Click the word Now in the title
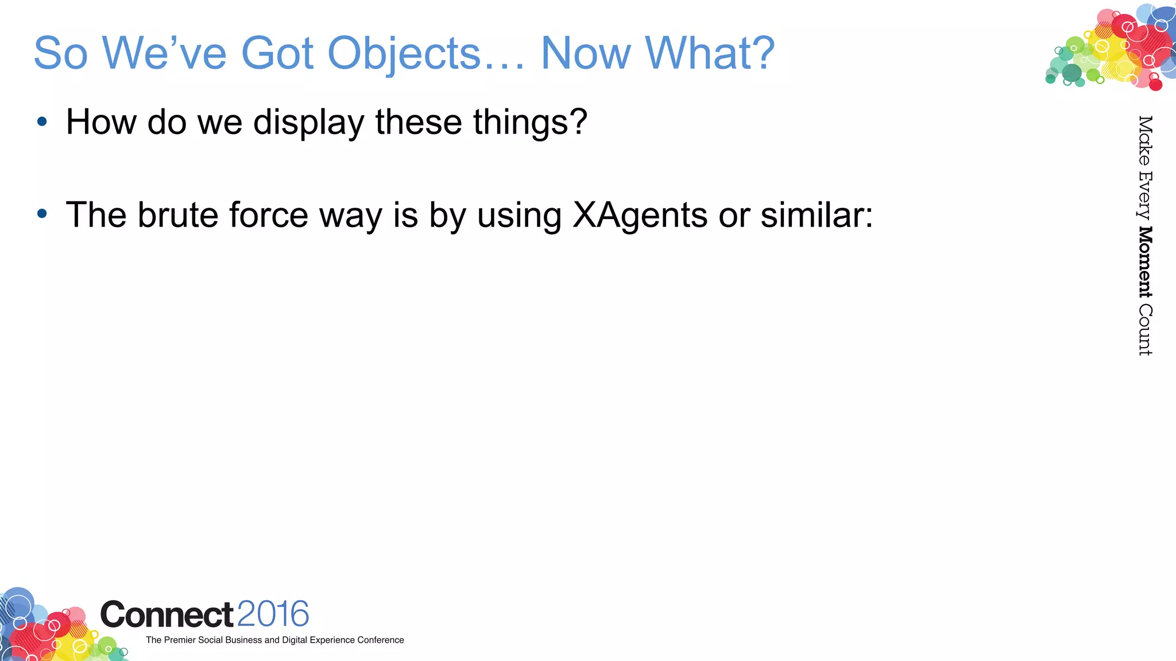coord(586,53)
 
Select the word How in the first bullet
coord(101,122)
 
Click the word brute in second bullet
coord(178,215)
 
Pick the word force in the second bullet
coord(269,215)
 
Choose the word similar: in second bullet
coord(816,215)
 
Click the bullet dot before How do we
coord(42,122)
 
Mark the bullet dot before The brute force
coord(42,214)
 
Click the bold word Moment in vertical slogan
coord(1145,262)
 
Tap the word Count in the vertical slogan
coord(1145,330)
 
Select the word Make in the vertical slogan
coord(1145,140)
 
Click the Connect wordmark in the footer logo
coord(167,615)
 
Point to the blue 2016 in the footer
coord(273,614)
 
